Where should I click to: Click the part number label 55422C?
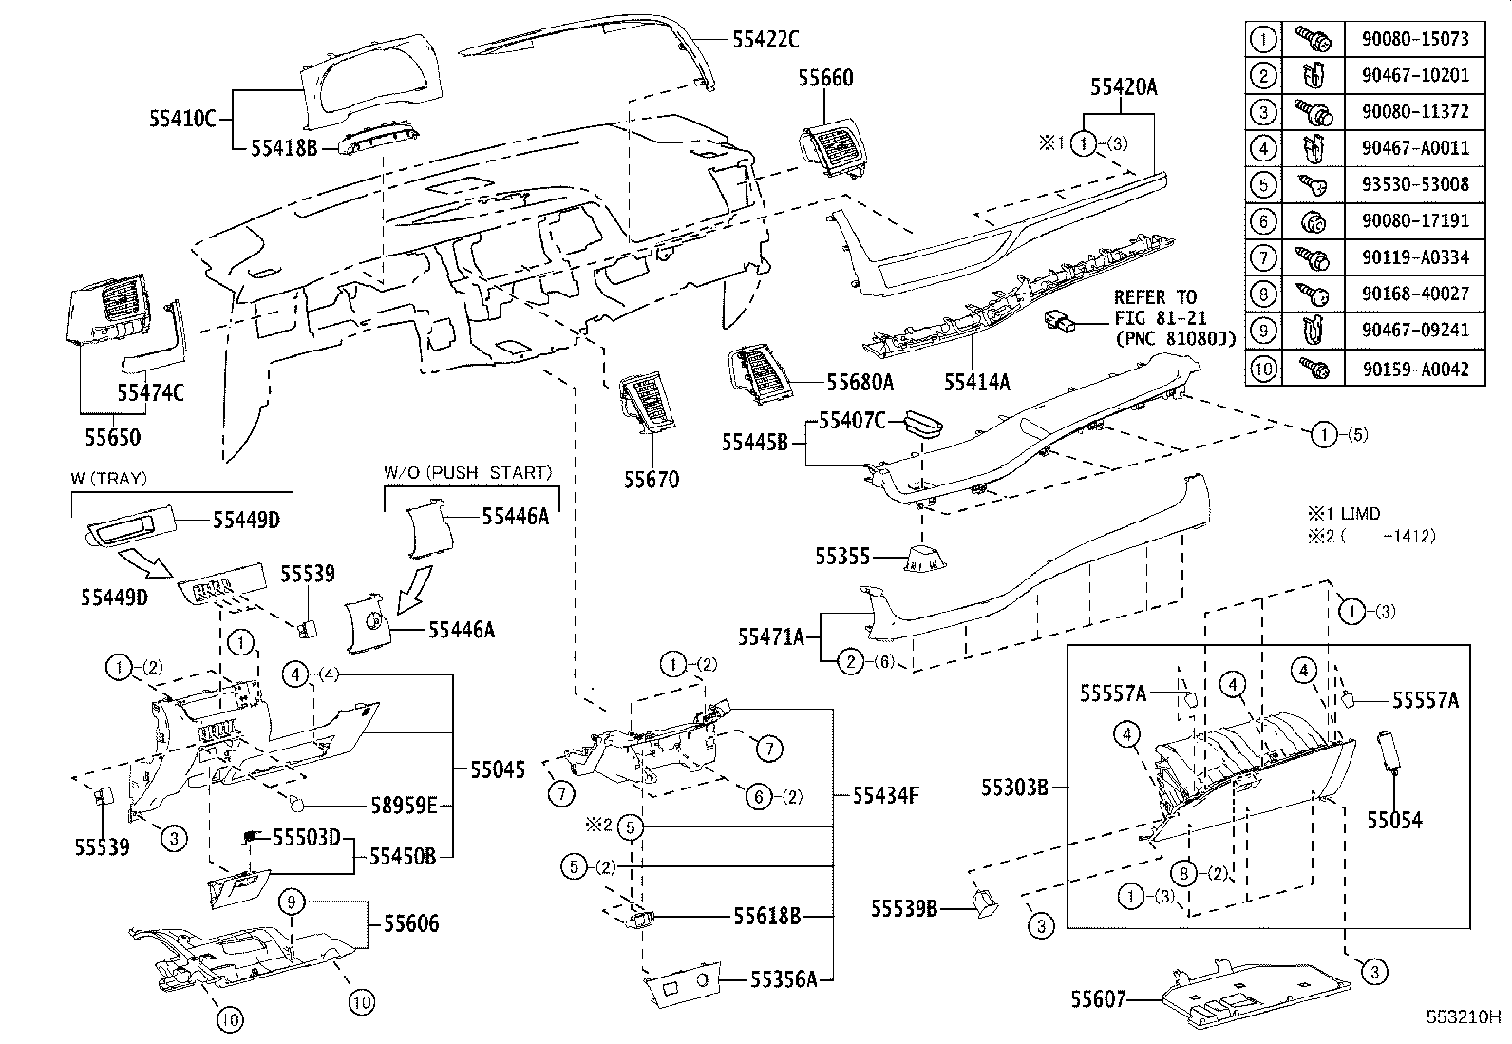click(x=765, y=39)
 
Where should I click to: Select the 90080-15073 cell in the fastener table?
click(x=1414, y=39)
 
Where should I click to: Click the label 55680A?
click(x=860, y=382)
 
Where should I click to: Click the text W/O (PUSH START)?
click(x=467, y=472)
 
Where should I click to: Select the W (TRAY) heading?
click(x=108, y=479)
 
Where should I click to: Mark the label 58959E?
click(x=404, y=807)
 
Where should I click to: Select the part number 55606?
click(x=411, y=922)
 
